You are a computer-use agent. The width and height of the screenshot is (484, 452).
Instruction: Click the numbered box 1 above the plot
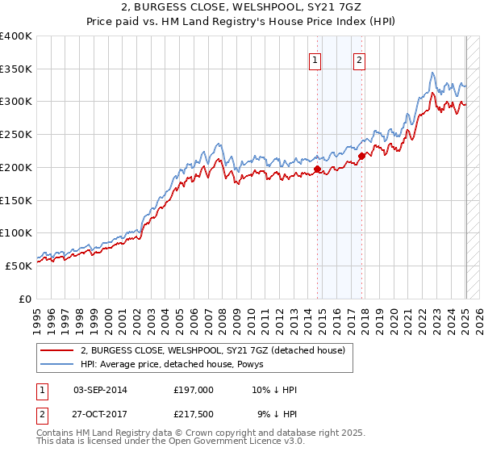pyautogui.click(x=314, y=59)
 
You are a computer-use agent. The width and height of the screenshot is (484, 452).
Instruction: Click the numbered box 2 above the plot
pyautogui.click(x=358, y=59)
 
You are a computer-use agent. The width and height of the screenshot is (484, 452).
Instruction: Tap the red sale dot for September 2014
pyautogui.click(x=317, y=169)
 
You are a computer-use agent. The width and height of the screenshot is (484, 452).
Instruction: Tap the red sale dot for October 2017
pyautogui.click(x=361, y=156)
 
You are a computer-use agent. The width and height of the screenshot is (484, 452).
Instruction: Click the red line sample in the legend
pyautogui.click(x=56, y=350)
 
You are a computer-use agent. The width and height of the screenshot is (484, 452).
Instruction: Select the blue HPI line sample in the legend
pyautogui.click(x=56, y=364)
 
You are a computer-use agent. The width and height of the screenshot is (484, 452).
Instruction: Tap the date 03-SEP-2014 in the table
pyautogui.click(x=100, y=390)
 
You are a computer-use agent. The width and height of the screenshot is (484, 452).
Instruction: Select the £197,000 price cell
pyautogui.click(x=194, y=390)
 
